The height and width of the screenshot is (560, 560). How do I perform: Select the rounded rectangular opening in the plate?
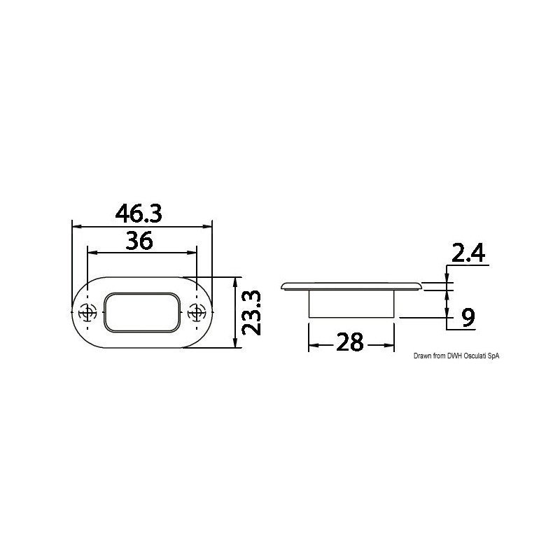(141, 312)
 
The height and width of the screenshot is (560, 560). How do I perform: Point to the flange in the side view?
(351, 286)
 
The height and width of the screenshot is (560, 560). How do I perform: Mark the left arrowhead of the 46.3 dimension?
(76, 225)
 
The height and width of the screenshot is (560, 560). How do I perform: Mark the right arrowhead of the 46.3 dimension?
(207, 225)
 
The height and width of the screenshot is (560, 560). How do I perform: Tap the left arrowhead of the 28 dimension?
(313, 344)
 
